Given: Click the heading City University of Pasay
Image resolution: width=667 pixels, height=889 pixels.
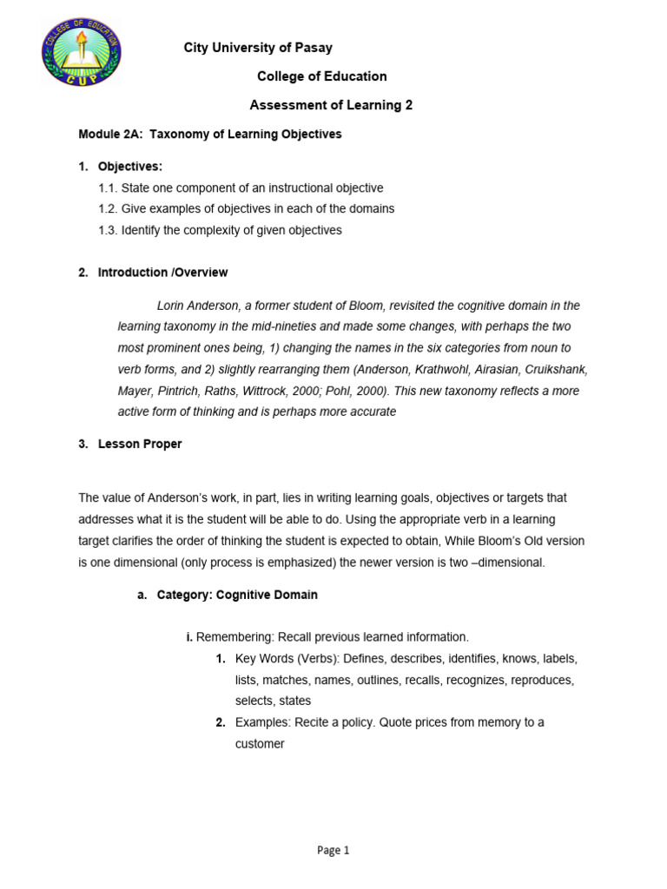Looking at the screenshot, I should (x=258, y=48).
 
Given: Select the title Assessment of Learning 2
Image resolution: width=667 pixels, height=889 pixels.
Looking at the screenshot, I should (x=331, y=105).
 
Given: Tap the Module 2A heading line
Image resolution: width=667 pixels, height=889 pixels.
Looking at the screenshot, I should (x=210, y=135).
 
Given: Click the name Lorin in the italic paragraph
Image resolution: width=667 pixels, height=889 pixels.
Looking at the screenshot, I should (x=172, y=306).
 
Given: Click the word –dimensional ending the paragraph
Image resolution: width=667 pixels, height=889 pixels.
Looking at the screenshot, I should (x=512, y=563).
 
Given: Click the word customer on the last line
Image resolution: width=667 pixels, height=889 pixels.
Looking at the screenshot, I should (x=260, y=744).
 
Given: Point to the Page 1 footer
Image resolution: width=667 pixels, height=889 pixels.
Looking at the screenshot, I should (x=333, y=851).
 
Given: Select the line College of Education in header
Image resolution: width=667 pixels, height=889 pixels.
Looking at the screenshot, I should (x=322, y=76).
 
